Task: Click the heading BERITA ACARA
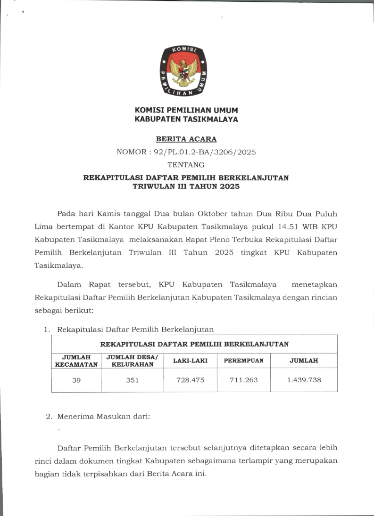click(186, 139)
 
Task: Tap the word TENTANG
click(186, 165)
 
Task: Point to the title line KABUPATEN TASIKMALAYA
click(186, 120)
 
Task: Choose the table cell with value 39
click(76, 380)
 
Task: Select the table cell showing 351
click(133, 380)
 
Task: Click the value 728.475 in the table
click(190, 380)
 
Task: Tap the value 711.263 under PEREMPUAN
click(243, 380)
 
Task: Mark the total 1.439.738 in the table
click(304, 380)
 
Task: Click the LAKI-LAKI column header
click(190, 361)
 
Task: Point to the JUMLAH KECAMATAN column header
click(76, 361)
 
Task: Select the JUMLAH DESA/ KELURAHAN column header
click(133, 361)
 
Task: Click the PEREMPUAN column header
click(243, 361)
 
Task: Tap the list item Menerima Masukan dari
click(103, 417)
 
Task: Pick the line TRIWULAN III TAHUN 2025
click(186, 186)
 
